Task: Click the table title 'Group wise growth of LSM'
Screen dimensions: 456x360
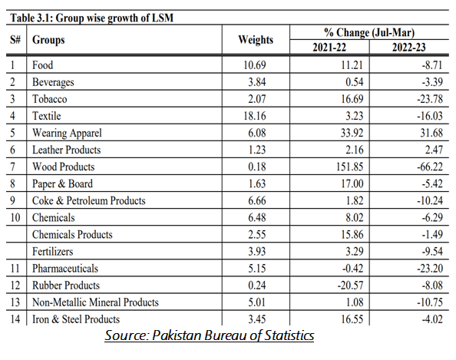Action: click(x=114, y=18)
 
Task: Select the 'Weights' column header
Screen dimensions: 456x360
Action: click(x=256, y=40)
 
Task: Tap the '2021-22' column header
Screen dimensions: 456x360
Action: click(x=329, y=47)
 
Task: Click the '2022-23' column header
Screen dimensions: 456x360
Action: click(x=409, y=47)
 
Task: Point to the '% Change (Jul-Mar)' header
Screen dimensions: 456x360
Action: click(x=369, y=32)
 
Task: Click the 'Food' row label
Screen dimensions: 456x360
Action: click(x=42, y=64)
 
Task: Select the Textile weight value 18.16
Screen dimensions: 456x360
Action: click(x=255, y=116)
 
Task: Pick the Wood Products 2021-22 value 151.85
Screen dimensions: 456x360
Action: click(x=350, y=167)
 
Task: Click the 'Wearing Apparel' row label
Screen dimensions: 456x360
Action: click(x=67, y=133)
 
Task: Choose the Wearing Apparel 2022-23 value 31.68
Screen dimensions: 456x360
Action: click(x=431, y=133)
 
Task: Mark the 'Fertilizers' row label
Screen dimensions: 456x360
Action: click(x=53, y=251)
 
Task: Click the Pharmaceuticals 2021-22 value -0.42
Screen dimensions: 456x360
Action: click(x=353, y=268)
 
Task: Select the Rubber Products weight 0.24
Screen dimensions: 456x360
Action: click(x=257, y=285)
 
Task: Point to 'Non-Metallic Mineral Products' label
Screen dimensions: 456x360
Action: click(x=95, y=302)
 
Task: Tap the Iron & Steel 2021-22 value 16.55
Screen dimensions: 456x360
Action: click(x=352, y=319)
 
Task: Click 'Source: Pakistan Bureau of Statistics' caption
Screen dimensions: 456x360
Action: click(x=210, y=335)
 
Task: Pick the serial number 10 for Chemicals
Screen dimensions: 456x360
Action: click(x=15, y=217)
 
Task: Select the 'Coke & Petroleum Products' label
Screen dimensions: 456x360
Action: click(x=89, y=200)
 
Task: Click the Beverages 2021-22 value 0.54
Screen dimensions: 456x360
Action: click(x=355, y=82)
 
